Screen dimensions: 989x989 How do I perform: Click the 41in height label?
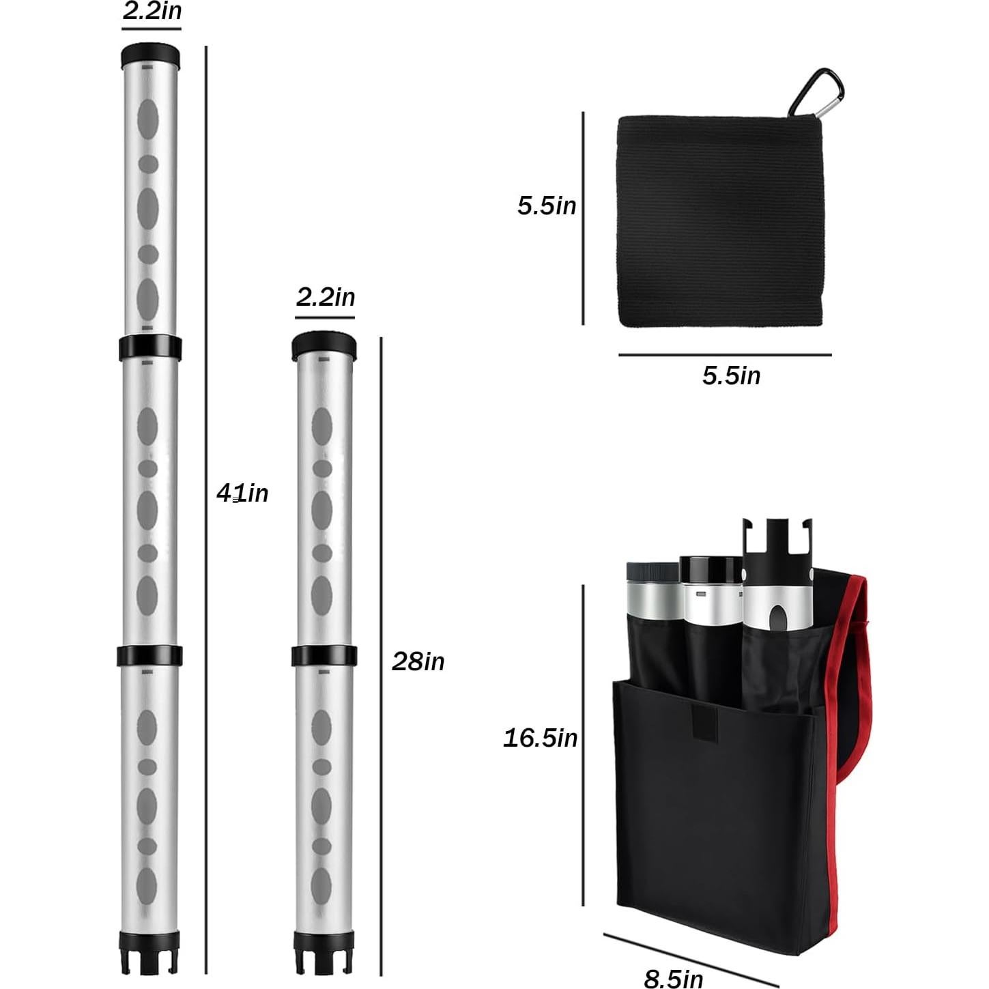[242, 493]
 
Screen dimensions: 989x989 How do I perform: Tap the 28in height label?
[418, 661]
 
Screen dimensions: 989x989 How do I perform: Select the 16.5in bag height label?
[541, 738]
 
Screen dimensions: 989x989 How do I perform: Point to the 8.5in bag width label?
[674, 977]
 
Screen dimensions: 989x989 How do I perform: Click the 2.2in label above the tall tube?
[152, 12]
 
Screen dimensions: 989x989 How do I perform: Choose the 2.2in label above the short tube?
[326, 297]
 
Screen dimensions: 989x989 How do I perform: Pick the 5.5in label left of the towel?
[547, 205]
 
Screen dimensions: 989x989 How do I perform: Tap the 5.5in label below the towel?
[732, 375]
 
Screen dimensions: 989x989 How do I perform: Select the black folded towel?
[719, 221]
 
